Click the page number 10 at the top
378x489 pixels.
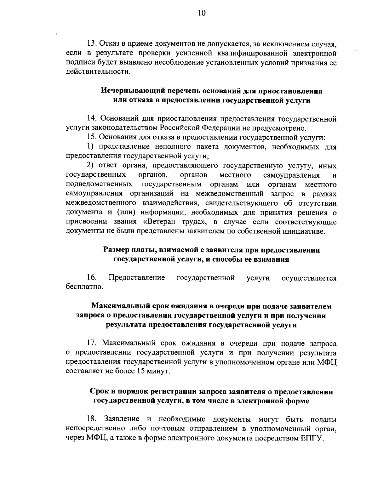[202, 13]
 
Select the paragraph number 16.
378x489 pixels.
[92, 278]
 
